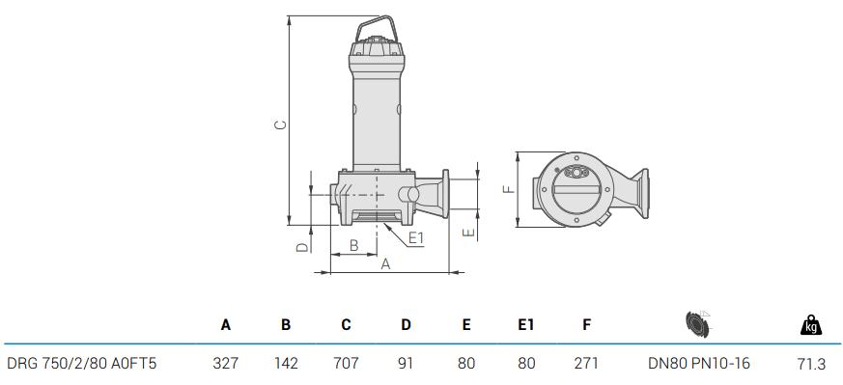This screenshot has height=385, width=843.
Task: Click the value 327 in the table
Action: pyautogui.click(x=225, y=364)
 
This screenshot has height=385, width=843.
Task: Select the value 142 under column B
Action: pyautogui.click(x=286, y=364)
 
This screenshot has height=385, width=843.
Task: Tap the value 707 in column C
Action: pyautogui.click(x=346, y=364)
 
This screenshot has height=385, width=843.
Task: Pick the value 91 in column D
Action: pyautogui.click(x=406, y=364)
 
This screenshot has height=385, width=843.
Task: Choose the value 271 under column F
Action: pyautogui.click(x=586, y=364)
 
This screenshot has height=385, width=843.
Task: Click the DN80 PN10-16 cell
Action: pyautogui.click(x=698, y=364)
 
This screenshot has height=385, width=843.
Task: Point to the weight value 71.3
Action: pyautogui.click(x=811, y=364)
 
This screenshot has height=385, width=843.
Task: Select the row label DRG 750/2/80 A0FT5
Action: pyautogui.click(x=81, y=364)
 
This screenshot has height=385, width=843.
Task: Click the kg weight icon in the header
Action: pyautogui.click(x=811, y=325)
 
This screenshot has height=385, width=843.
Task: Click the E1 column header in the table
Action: pyautogui.click(x=525, y=325)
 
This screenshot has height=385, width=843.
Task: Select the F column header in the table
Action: pyautogui.click(x=586, y=325)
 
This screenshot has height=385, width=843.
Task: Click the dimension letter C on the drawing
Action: pyautogui.click(x=279, y=124)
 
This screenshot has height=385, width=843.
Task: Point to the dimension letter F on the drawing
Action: pyautogui.click(x=508, y=189)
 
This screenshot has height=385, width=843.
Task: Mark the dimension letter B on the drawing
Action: pyautogui.click(x=353, y=245)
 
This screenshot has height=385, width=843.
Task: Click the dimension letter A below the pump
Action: pyautogui.click(x=385, y=263)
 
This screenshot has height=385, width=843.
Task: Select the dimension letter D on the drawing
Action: pyautogui.click(x=300, y=247)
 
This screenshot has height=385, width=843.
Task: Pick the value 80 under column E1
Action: pyautogui.click(x=525, y=364)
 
